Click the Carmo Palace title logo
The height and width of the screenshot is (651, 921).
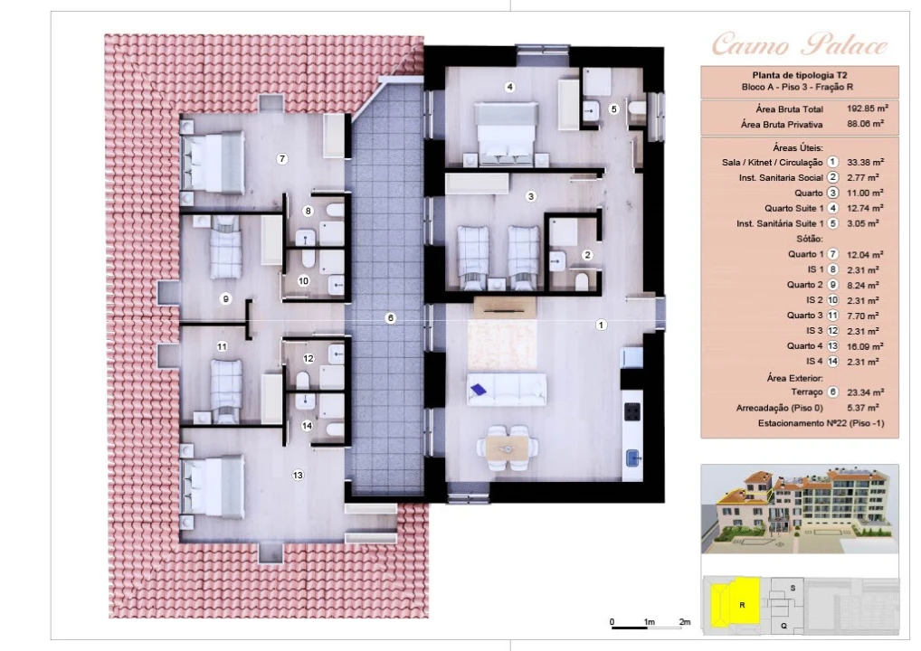[800, 45]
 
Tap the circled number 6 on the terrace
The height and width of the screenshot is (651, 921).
[390, 318]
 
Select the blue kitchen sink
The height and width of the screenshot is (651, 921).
[632, 457]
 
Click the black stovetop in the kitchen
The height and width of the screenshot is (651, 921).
[632, 411]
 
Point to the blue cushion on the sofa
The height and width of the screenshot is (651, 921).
[479, 389]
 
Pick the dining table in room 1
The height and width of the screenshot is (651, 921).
[507, 448]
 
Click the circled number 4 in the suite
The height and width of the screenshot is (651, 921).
[510, 87]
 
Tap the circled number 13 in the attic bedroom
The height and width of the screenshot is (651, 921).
[298, 475]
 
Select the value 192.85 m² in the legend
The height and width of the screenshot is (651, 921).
[867, 108]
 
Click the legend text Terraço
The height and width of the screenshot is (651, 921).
[807, 392]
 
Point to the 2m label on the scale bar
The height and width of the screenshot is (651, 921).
[684, 622]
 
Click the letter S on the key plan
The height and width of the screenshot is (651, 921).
[793, 588]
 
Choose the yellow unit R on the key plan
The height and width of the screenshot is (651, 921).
[736, 601]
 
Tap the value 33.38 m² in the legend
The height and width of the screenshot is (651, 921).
[865, 162]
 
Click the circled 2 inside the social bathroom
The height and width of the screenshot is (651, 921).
[587, 255]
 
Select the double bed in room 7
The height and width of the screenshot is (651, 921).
[214, 162]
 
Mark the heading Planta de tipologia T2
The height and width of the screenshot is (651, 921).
[800, 75]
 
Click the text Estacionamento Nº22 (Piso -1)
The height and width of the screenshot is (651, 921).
[821, 423]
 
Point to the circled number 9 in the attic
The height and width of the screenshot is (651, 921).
[225, 298]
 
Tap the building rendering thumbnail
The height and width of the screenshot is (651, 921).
[800, 509]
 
